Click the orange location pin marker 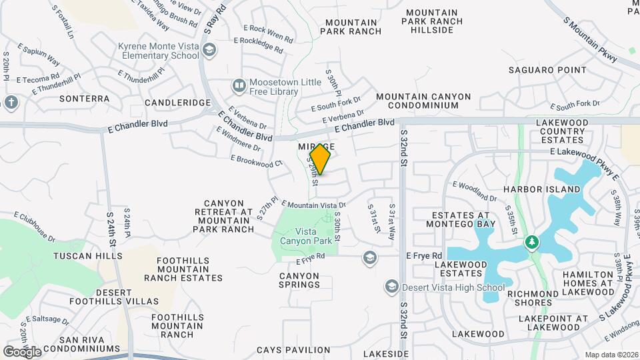tap(321, 159)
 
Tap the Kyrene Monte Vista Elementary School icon tap(209, 50)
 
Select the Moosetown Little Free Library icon tap(239, 85)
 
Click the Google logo tap(22, 351)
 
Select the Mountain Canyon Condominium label tap(423, 101)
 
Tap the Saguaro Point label tap(547, 70)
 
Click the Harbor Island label tap(542, 189)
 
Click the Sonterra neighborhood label tap(84, 99)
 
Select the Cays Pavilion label tap(293, 349)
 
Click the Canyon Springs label tap(300, 280)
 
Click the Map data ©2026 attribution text tap(610, 355)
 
